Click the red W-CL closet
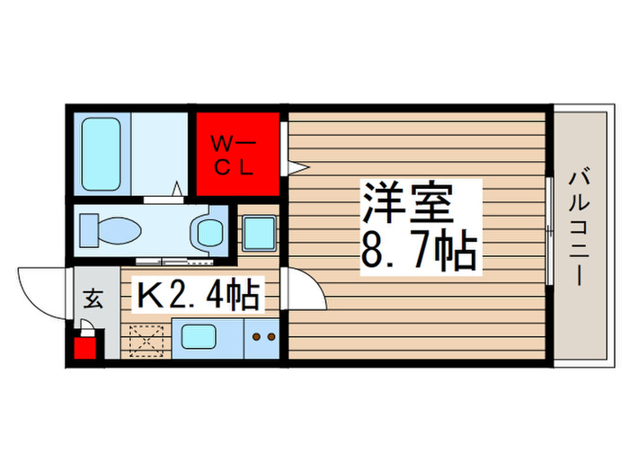click(x=238, y=156)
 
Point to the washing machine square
click(x=259, y=234)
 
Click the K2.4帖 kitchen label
click(x=198, y=293)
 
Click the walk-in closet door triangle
click(x=297, y=166)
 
